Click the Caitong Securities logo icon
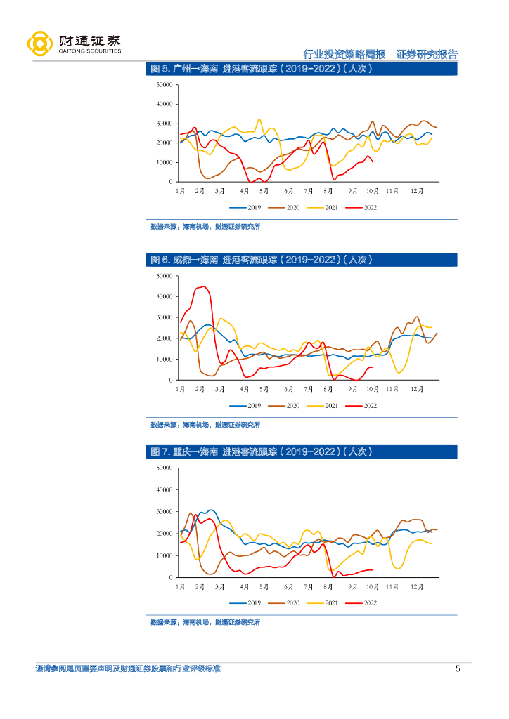pos(39,44)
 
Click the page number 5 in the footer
pos(458,668)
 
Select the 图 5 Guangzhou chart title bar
pos(303,69)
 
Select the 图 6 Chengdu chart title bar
pos(303,260)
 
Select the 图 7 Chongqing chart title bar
pos(303,451)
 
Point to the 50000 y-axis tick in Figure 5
pos(165,85)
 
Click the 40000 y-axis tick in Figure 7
pos(165,489)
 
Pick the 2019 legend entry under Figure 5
pos(245,207)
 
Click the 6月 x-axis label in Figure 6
pos(288,388)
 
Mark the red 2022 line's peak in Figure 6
pos(204,286)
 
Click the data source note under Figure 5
pos(205,227)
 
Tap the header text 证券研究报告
pos(427,54)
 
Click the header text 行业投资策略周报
pos(344,54)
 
